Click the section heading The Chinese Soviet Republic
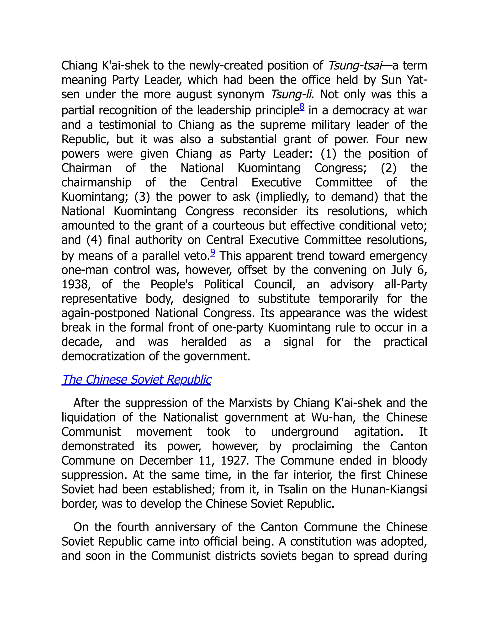(136, 380)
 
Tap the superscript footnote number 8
(302, 107)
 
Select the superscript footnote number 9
(213, 252)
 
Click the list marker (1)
(328, 154)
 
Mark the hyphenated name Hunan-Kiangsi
(389, 489)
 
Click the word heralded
(204, 342)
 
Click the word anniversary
(185, 527)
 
